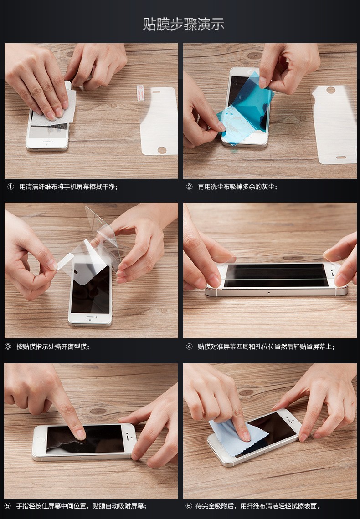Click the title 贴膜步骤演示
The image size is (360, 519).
(x=184, y=24)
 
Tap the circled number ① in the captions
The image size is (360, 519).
(x=10, y=187)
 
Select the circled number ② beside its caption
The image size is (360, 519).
(x=189, y=187)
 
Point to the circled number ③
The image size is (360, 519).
(x=8, y=346)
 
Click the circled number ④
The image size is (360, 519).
(x=189, y=346)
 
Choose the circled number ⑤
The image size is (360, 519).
(x=8, y=506)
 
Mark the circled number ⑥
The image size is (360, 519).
(x=189, y=506)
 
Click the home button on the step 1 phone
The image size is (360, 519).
(x=47, y=143)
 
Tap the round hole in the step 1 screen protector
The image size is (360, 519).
(x=162, y=150)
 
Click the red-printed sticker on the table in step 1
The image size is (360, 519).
(x=140, y=93)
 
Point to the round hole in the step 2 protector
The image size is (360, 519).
(x=330, y=90)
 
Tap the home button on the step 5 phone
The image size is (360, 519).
(x=39, y=440)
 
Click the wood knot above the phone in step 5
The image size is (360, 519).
(x=98, y=411)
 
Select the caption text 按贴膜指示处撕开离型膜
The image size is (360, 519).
(x=51, y=346)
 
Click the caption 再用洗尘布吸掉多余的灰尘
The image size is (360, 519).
(x=236, y=187)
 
